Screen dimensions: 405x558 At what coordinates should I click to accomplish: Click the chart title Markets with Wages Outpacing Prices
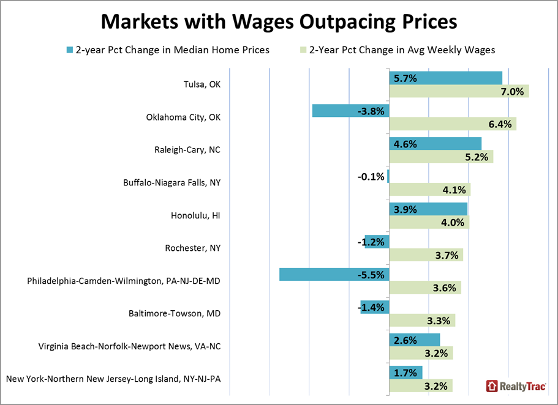(279, 21)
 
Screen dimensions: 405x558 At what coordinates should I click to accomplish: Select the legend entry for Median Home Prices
(172, 50)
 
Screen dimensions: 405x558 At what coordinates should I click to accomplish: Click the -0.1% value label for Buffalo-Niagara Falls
(371, 177)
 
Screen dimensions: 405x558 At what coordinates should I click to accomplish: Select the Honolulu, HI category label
(195, 215)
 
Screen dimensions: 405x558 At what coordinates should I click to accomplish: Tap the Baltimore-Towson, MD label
(184, 314)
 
